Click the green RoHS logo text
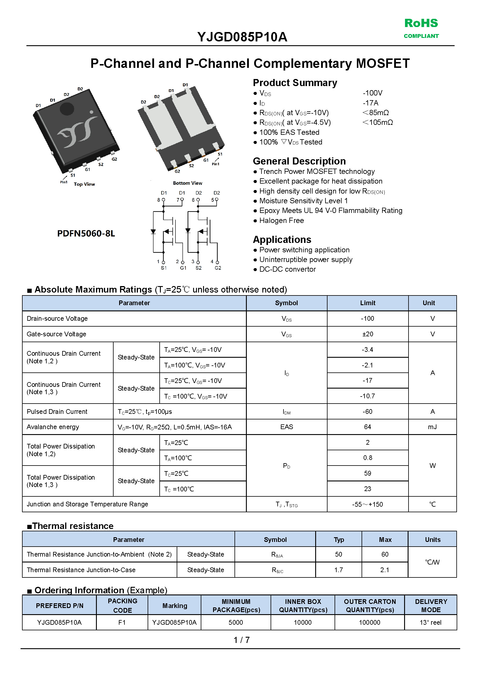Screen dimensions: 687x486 (x=421, y=23)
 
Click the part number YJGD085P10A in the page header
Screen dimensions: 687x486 (x=242, y=37)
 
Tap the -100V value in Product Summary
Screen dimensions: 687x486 (x=373, y=93)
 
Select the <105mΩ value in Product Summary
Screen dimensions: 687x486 (x=377, y=122)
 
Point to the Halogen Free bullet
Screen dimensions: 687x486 (x=281, y=221)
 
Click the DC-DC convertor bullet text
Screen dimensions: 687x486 (x=287, y=270)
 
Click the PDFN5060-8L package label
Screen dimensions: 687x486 (x=86, y=234)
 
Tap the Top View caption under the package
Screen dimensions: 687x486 (x=84, y=184)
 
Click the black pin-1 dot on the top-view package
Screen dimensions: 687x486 (x=67, y=109)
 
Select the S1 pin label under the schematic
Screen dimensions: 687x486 (x=164, y=268)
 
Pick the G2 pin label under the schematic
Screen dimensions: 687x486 (x=218, y=268)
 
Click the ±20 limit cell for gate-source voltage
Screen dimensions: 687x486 (x=367, y=334)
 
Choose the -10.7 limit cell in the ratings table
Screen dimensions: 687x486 (x=367, y=396)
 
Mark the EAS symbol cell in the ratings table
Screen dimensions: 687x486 (x=286, y=427)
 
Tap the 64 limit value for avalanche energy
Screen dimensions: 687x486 (x=367, y=427)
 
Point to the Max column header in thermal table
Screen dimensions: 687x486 (x=385, y=540)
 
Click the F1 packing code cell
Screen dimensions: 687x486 (x=122, y=623)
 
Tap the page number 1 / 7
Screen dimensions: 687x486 (x=242, y=640)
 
